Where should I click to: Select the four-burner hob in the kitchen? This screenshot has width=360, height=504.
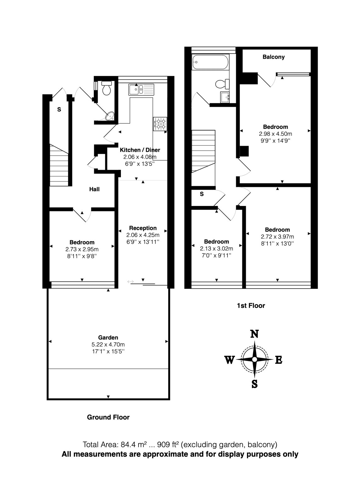click(161, 123)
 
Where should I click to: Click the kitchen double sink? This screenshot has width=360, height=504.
click(141, 89)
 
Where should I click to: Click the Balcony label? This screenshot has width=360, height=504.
click(274, 57)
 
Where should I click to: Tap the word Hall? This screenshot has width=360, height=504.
click(94, 189)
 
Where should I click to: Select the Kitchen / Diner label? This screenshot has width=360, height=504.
click(140, 150)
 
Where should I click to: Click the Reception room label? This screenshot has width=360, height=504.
click(143, 228)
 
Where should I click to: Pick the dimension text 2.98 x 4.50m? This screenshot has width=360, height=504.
click(275, 134)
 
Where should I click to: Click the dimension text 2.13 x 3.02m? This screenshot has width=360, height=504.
click(216, 249)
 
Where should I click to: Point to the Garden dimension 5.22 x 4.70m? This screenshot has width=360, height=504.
click(108, 345)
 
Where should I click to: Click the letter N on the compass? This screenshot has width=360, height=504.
click(254, 334)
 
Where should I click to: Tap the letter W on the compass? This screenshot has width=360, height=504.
click(229, 360)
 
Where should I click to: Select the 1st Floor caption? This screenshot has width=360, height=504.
click(251, 306)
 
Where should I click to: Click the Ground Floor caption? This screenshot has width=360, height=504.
click(108, 417)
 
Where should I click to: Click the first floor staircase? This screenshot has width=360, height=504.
click(203, 151)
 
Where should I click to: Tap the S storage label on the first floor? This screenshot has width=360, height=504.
click(202, 194)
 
